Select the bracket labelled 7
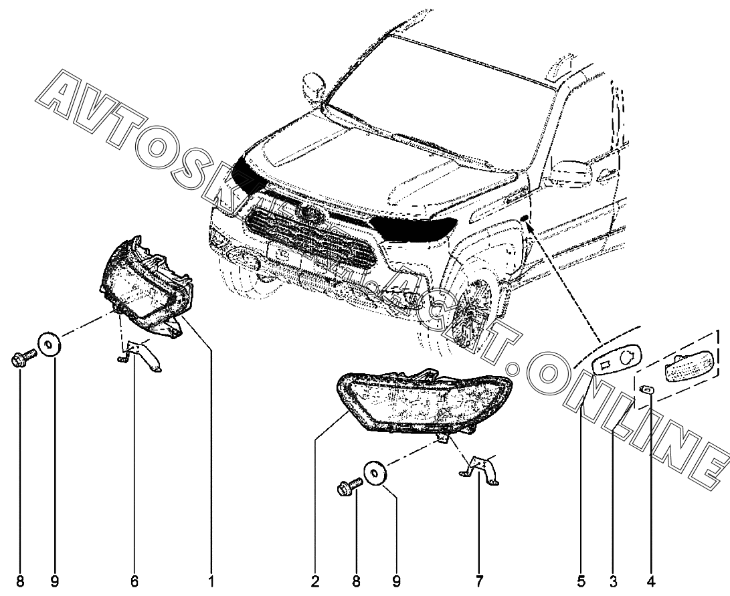click(x=480, y=467)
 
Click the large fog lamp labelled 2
click(x=422, y=401)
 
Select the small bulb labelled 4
click(x=648, y=389)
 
